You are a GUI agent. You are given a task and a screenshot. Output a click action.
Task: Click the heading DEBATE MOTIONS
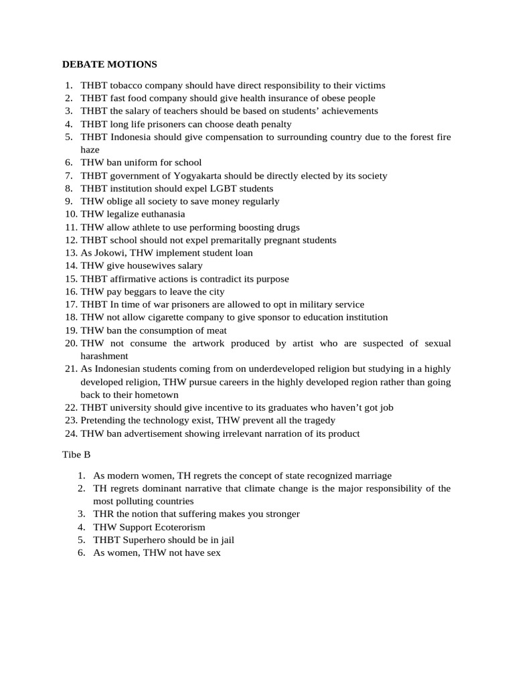[109, 64]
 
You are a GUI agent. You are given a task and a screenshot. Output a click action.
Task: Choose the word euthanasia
[159, 214]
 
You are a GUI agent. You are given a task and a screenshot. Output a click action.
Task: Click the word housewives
[153, 266]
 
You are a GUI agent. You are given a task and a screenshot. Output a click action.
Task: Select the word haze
[90, 150]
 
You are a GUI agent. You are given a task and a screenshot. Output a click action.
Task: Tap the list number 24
[70, 433]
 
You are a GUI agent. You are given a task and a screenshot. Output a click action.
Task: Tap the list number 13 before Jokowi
[70, 253]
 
